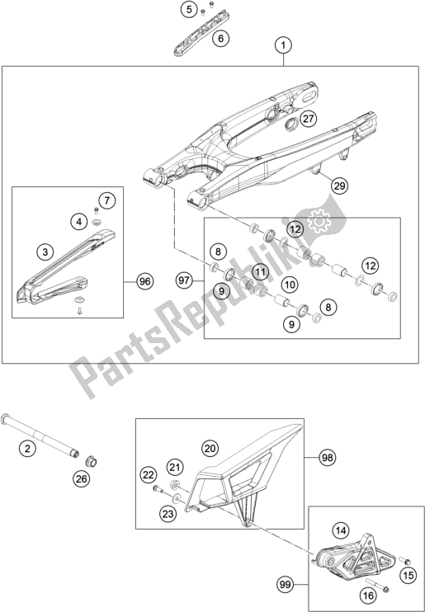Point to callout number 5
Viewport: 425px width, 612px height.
pyautogui.click(x=189, y=10)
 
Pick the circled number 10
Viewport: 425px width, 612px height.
pyautogui.click(x=290, y=285)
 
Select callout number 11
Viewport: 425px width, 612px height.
pyautogui.click(x=260, y=271)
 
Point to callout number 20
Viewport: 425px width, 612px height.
pyautogui.click(x=210, y=448)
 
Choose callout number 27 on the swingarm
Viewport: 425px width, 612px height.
pyautogui.click(x=307, y=119)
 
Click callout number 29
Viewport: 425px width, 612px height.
pyautogui.click(x=338, y=186)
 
